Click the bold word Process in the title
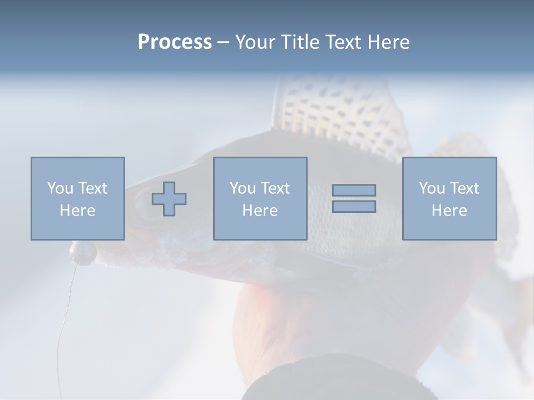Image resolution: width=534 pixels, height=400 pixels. click(175, 42)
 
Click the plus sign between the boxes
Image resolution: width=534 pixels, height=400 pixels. click(169, 199)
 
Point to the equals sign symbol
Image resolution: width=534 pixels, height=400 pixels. click(354, 198)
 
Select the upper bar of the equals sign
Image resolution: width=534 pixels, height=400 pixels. click(354, 190)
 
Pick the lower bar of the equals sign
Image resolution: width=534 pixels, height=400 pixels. click(354, 207)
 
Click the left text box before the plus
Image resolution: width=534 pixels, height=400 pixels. click(78, 198)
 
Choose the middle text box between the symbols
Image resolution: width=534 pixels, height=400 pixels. click(260, 198)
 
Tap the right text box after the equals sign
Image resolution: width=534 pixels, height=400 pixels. click(449, 198)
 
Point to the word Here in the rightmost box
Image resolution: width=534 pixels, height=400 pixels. click(449, 211)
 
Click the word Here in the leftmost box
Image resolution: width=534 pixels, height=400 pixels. click(77, 211)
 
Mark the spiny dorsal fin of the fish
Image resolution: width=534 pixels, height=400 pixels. click(339, 111)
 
